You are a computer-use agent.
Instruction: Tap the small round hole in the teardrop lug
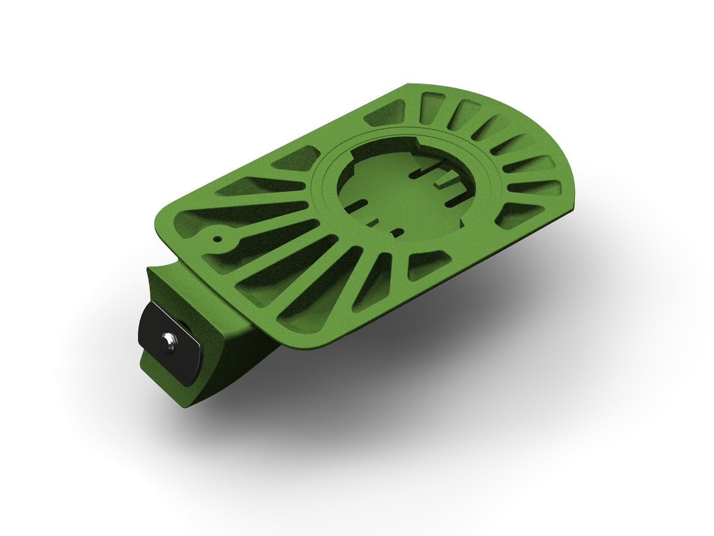point(218,239)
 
